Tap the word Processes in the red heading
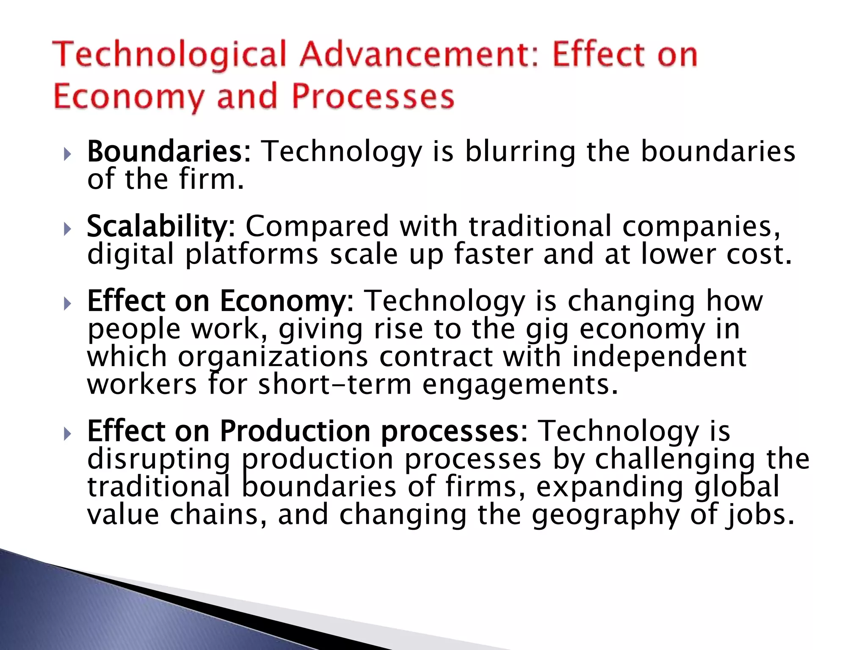point(373,96)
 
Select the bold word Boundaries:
point(169,151)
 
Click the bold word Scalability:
point(160,226)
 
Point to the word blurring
point(520,151)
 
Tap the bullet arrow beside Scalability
point(67,229)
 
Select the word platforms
point(251,255)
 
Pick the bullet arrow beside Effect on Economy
point(67,303)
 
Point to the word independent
point(659,357)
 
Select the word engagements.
point(520,385)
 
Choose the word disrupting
point(159,459)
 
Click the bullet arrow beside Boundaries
point(67,154)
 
